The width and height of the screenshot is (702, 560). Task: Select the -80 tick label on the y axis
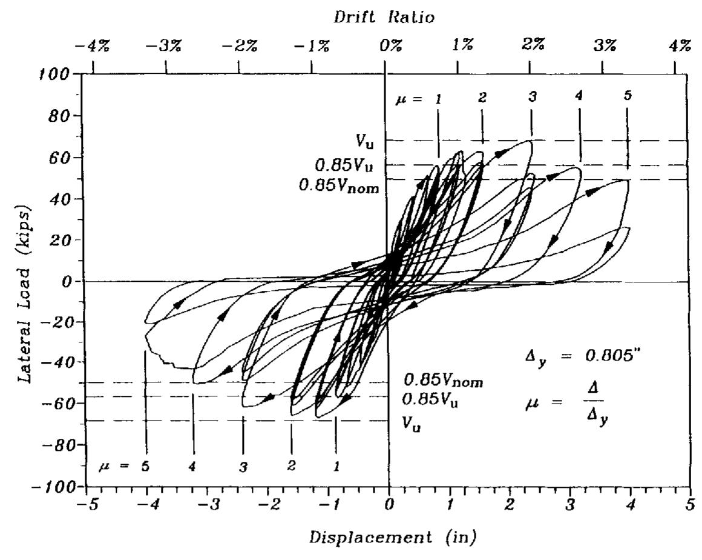coord(56,445)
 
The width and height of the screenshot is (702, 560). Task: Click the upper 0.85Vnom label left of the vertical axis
coord(338,186)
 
